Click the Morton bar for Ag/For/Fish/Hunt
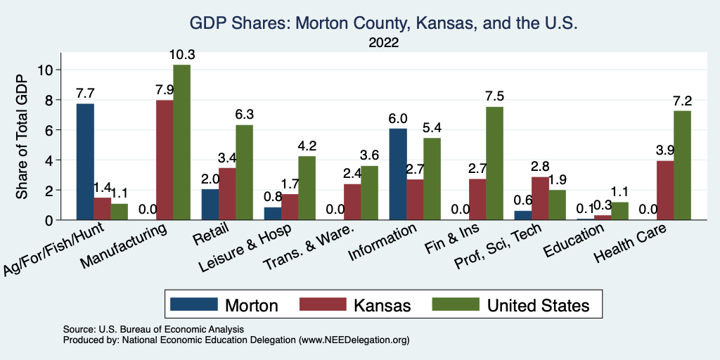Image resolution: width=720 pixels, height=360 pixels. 85,162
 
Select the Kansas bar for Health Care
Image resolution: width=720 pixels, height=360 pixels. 664,191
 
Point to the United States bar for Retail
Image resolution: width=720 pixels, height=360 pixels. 244,172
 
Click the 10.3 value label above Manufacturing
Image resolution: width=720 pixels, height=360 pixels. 181,55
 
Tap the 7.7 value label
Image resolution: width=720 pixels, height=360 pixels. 85,93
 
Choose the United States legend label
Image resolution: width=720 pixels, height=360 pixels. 538,305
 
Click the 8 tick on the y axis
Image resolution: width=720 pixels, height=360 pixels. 49,100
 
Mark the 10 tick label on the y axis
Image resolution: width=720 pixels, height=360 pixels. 46,70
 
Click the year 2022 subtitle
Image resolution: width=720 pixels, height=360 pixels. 383,44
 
